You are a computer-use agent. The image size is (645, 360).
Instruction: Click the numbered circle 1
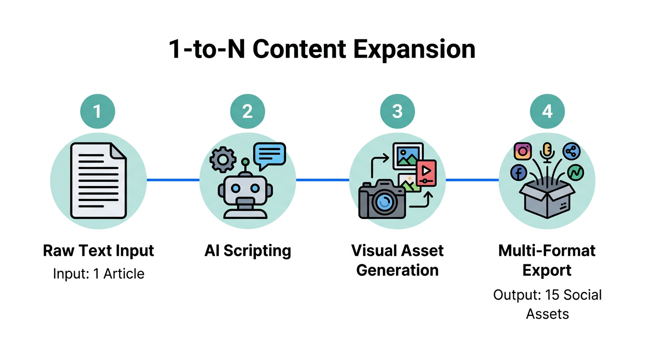click(97, 112)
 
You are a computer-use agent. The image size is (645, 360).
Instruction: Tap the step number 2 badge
click(247, 112)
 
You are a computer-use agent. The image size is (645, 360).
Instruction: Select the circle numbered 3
click(397, 112)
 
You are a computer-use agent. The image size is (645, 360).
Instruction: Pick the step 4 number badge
click(547, 112)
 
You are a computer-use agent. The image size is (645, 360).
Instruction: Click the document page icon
click(98, 180)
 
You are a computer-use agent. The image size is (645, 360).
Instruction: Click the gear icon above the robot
click(223, 159)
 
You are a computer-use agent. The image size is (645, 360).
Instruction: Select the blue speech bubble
click(269, 153)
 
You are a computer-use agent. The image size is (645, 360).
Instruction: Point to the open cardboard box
click(547, 199)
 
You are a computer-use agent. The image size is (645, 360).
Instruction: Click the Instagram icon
click(523, 151)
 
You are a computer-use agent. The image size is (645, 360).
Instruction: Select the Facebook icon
click(519, 173)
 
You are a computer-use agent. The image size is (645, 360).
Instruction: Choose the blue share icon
click(571, 151)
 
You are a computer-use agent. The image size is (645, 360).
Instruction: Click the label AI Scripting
click(247, 251)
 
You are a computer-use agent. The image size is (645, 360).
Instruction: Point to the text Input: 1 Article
click(98, 273)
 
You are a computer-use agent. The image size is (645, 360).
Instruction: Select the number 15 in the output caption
click(550, 295)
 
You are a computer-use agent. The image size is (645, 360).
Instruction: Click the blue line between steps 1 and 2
click(173, 180)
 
